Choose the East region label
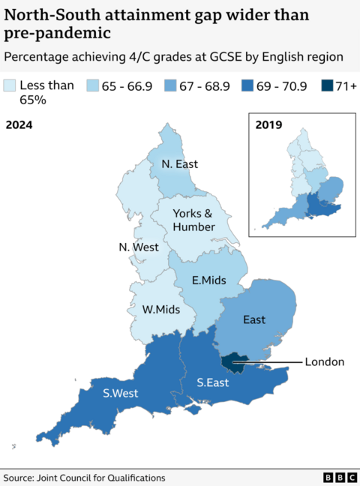click(x=254, y=319)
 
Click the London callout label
click(x=324, y=361)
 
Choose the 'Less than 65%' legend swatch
click(x=10, y=86)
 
